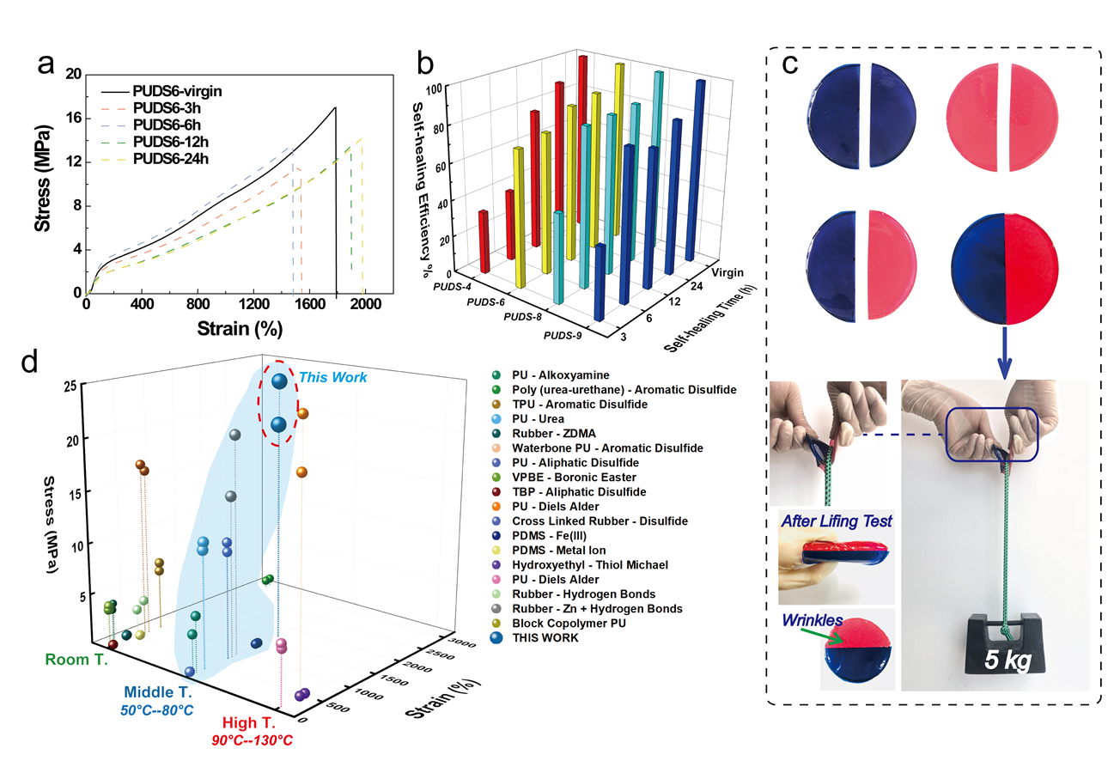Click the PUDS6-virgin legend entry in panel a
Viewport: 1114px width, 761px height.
[183, 90]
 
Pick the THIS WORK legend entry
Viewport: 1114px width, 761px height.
[545, 637]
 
